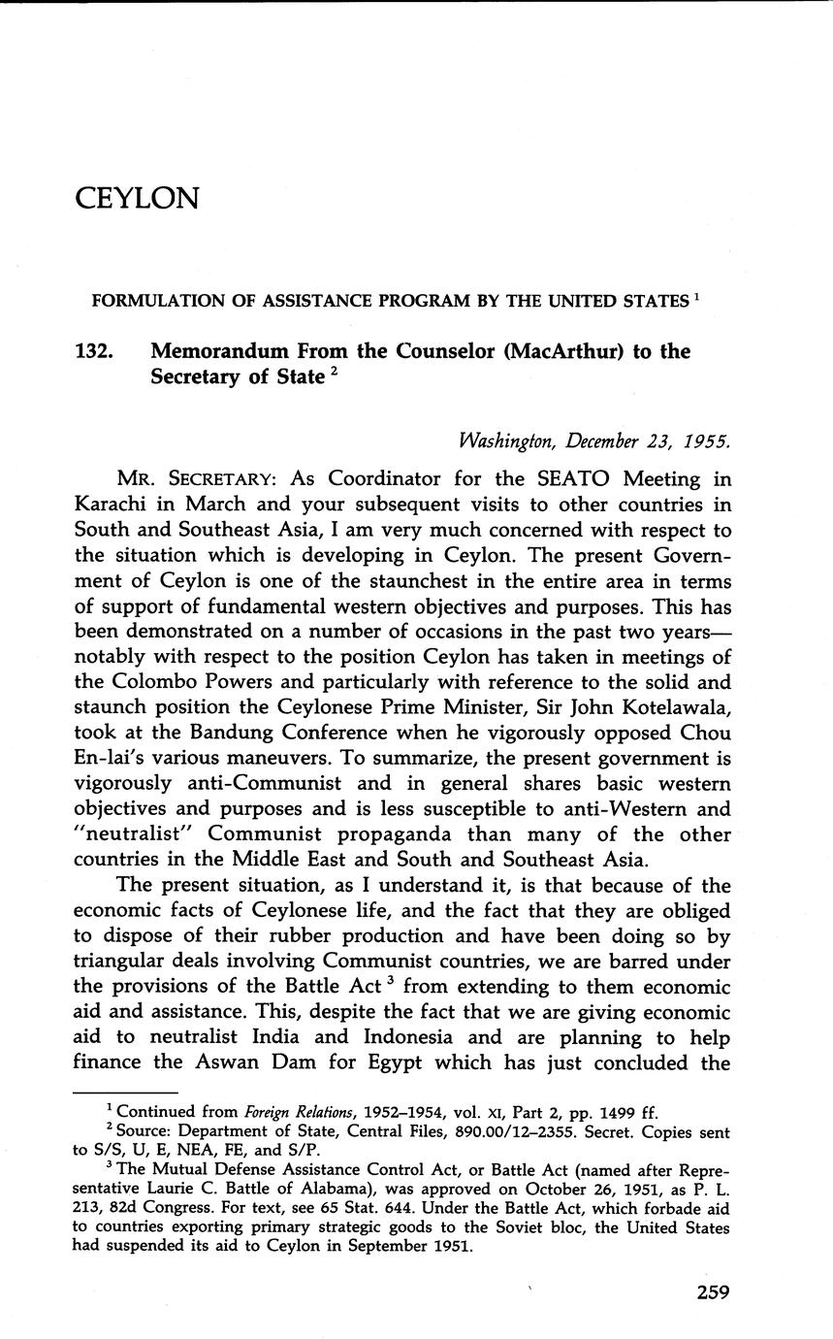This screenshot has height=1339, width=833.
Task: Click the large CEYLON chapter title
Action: (x=137, y=198)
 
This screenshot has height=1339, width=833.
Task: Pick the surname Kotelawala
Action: (x=661, y=707)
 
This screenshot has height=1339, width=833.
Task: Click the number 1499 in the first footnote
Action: (x=611, y=1112)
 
